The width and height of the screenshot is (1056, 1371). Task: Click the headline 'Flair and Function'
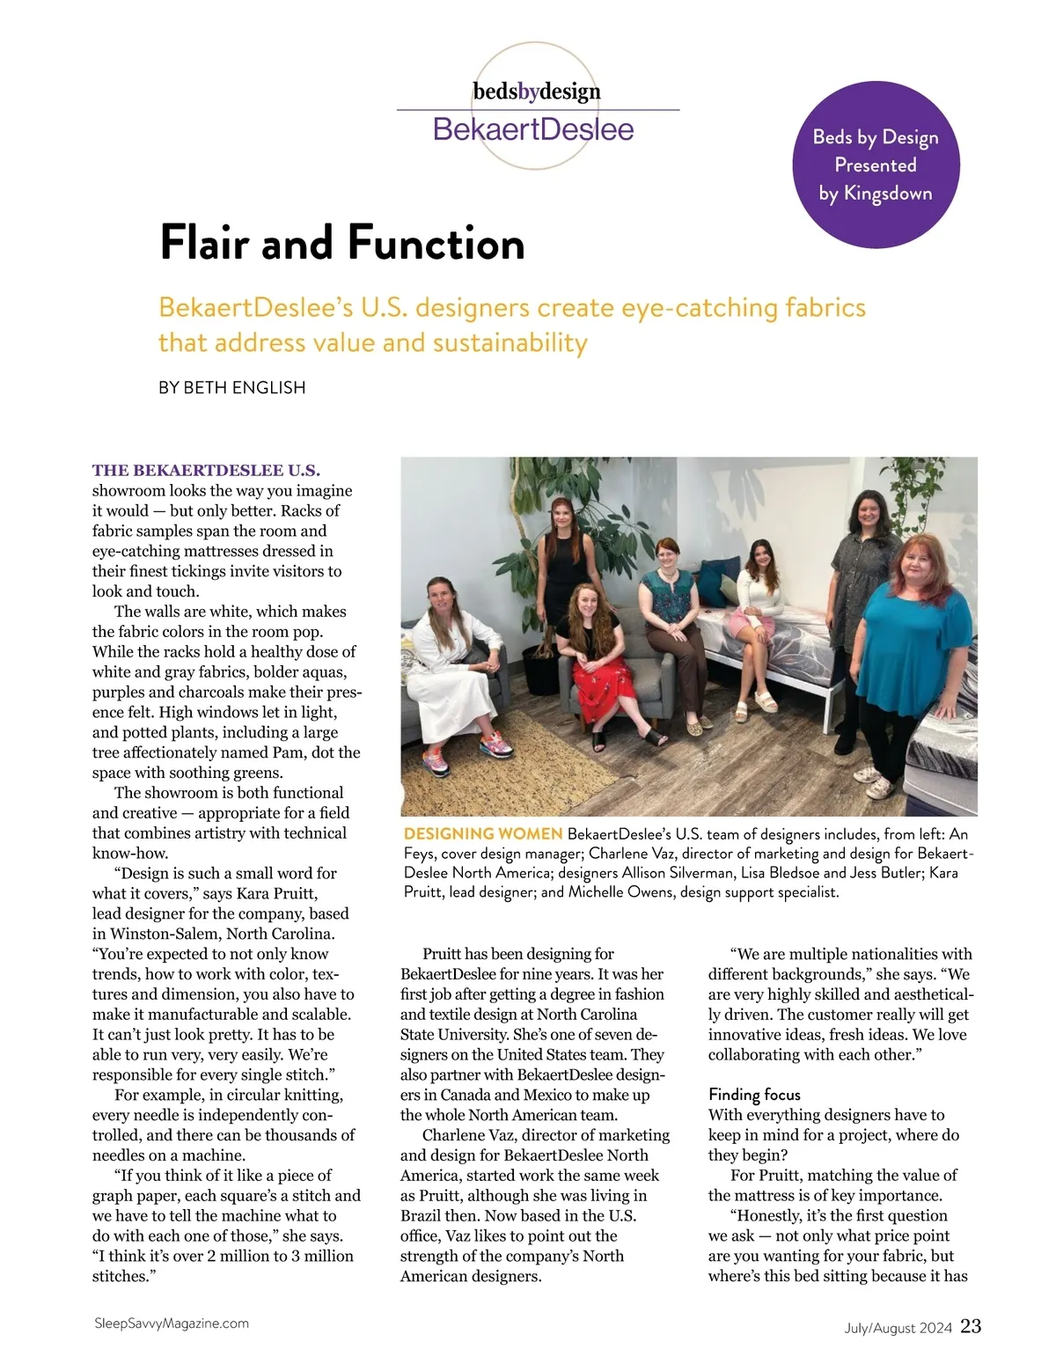[x=342, y=244]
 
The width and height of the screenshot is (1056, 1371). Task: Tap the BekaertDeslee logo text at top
[x=533, y=130]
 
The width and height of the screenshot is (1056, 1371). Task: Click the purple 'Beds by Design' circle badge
[x=876, y=165]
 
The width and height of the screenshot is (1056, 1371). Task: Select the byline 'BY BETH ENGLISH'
[x=232, y=388]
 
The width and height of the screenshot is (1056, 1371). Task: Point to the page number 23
[x=971, y=1326]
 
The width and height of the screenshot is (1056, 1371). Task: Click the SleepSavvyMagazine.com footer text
[x=171, y=1323]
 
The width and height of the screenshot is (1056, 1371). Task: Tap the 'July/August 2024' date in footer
[x=892, y=1328]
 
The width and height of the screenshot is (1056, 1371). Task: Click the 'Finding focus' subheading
[x=754, y=1095]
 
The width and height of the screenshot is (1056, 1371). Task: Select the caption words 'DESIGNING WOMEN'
[x=483, y=833]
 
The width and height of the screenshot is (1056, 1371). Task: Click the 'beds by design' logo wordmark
[x=537, y=92]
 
